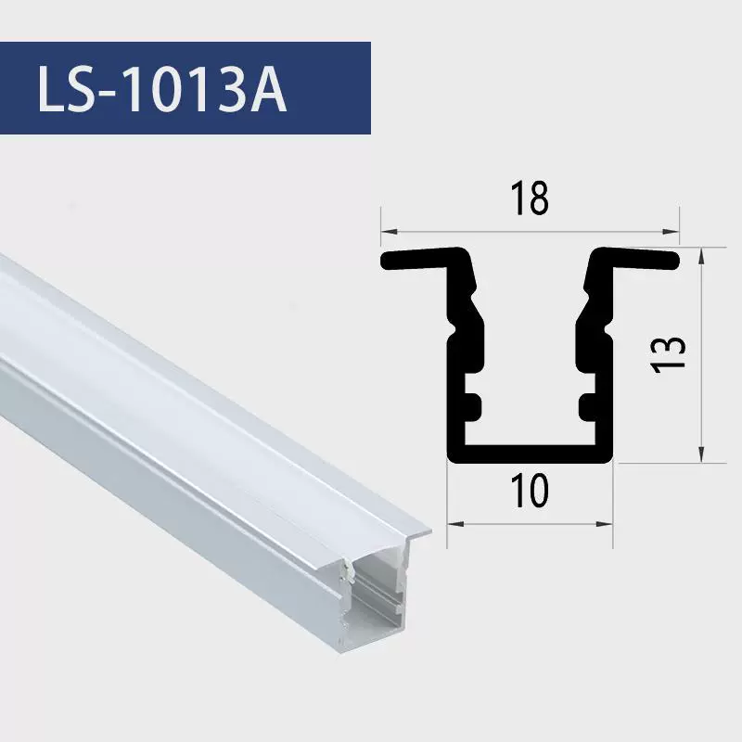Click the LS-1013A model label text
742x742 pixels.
point(161,88)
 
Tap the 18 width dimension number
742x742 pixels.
point(530,198)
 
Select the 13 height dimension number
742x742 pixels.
point(668,354)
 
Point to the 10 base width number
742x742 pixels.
point(530,491)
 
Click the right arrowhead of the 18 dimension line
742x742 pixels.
point(671,231)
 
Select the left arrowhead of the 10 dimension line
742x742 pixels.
point(455,524)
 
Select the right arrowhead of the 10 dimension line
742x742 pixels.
point(605,524)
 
